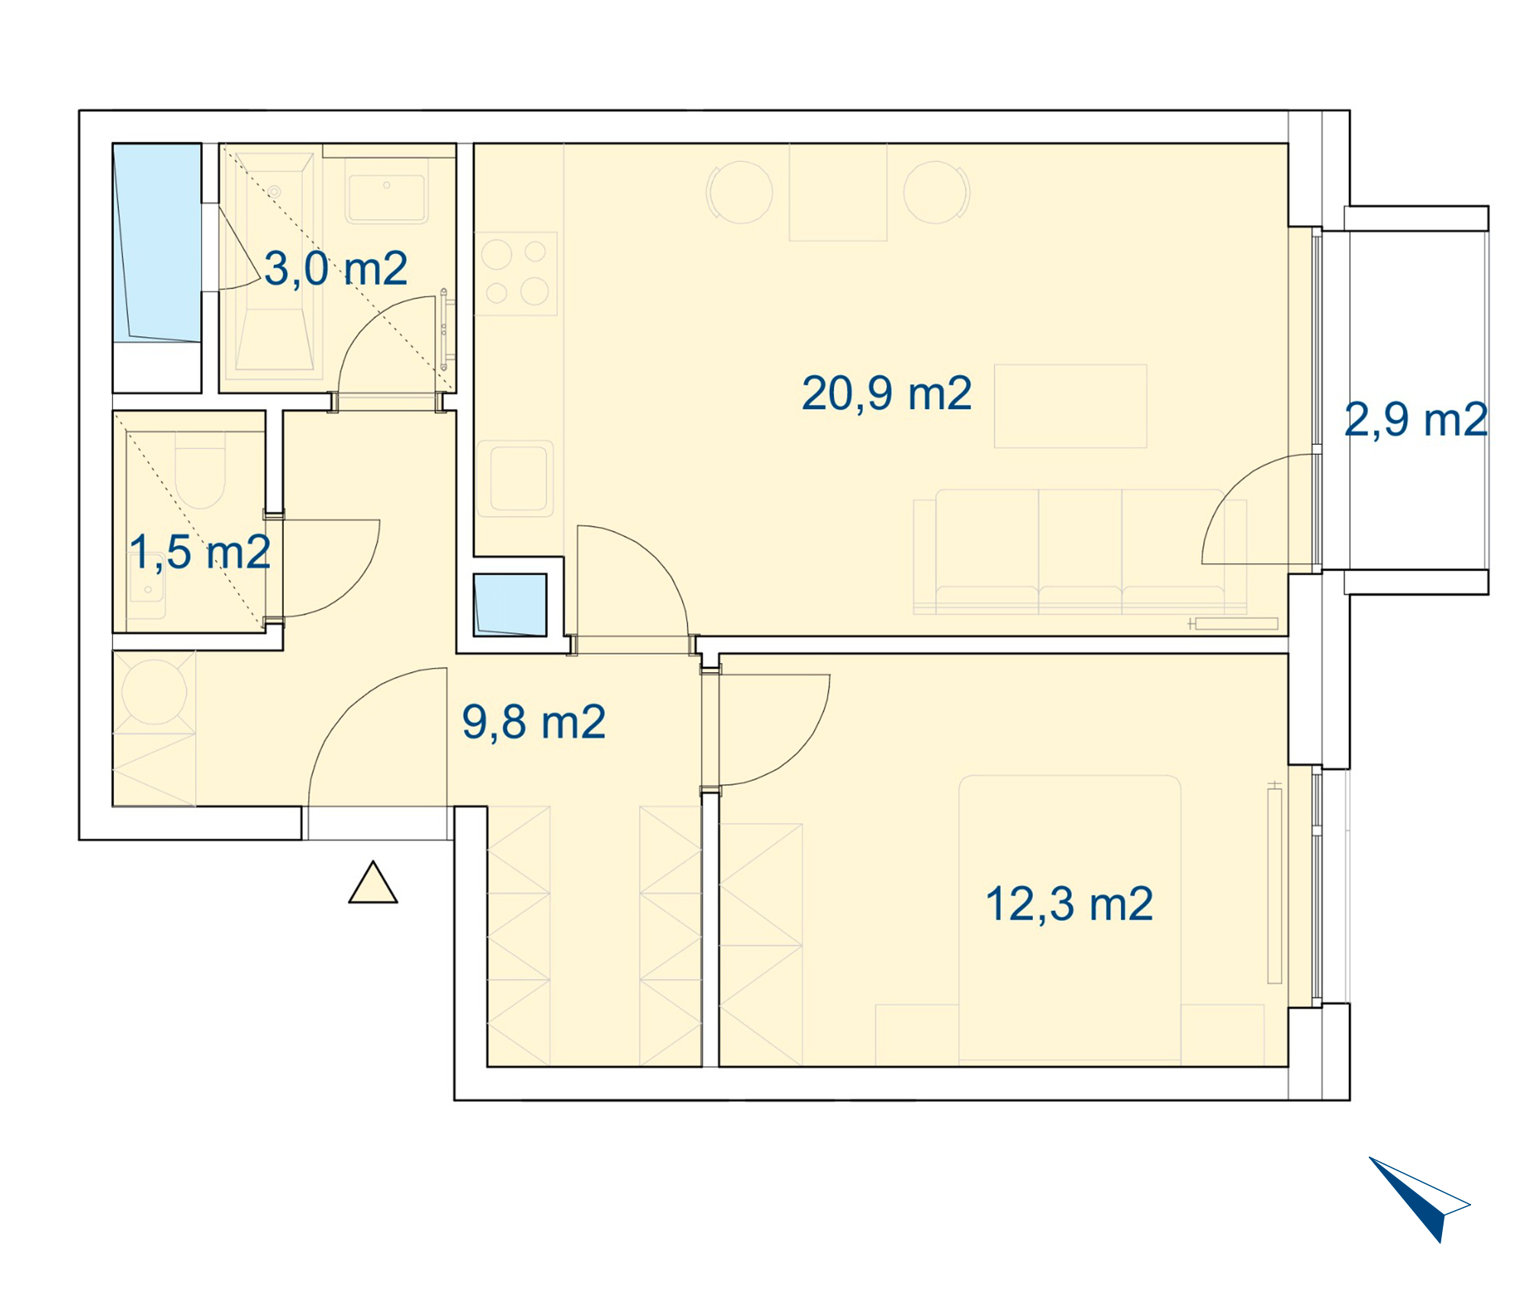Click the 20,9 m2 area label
tap(887, 394)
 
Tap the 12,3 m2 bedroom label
tap(1069, 905)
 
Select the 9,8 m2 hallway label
tap(533, 723)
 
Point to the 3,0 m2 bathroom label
tap(336, 269)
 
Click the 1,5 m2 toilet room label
tap(200, 552)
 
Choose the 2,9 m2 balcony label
tap(1416, 420)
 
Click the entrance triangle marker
tap(373, 883)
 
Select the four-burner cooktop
tap(516, 274)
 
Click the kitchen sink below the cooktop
tap(515, 478)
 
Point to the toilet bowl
tap(200, 470)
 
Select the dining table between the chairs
tap(838, 192)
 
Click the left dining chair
tap(739, 192)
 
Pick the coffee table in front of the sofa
tap(1070, 406)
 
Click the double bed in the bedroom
tap(1070, 920)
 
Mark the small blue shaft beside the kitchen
tap(510, 605)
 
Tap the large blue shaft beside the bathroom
tap(157, 243)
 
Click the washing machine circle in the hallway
tap(154, 691)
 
